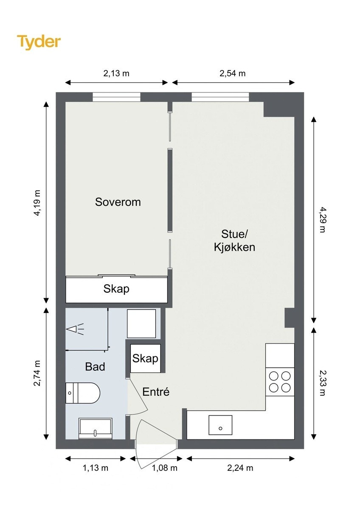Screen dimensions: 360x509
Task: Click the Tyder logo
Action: [39, 42]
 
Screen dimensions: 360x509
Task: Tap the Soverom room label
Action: [118, 202]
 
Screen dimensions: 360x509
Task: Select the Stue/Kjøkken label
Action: [234, 241]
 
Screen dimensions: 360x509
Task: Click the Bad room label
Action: [95, 366]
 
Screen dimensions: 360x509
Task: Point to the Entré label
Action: [156, 392]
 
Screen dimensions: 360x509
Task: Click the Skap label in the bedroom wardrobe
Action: [116, 289]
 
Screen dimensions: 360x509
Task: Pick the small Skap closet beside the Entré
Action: [145, 358]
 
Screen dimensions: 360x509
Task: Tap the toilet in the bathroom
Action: [83, 393]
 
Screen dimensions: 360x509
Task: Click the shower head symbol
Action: [75, 329]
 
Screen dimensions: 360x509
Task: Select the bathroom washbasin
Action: [95, 428]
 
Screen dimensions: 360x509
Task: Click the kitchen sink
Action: [220, 425]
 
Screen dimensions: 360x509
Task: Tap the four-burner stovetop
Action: [280, 382]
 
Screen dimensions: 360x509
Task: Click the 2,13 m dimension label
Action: [116, 73]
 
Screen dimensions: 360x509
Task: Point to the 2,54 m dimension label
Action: [232, 73]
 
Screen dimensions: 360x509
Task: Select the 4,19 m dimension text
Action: [37, 203]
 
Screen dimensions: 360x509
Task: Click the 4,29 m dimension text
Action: [322, 219]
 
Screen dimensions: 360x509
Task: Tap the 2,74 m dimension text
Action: [37, 373]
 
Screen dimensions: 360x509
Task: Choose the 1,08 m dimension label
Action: [164, 467]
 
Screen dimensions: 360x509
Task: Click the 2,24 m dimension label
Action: [240, 467]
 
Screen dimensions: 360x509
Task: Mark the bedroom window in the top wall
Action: [116, 97]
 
